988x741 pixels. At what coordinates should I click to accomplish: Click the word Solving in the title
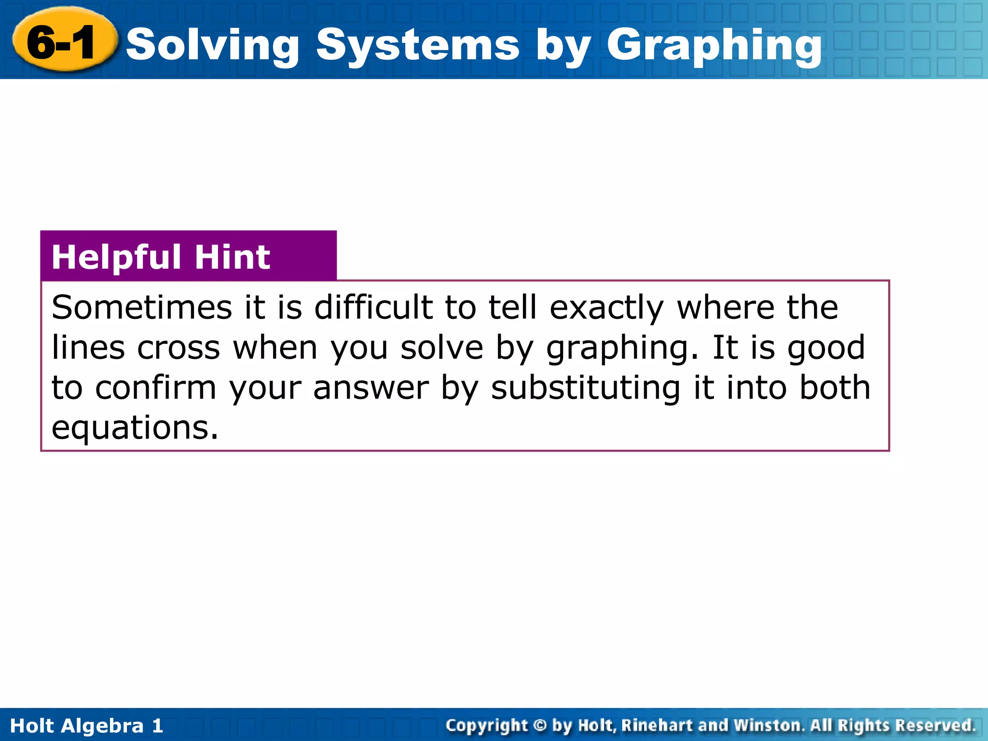212,44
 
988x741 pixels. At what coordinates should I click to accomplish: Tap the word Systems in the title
418,44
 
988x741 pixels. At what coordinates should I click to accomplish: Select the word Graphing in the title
714,44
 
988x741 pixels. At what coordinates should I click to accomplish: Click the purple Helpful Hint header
188,256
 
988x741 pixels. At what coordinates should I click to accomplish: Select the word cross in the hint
178,348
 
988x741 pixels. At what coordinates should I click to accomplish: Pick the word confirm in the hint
156,387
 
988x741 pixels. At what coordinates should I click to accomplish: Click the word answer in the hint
370,388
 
